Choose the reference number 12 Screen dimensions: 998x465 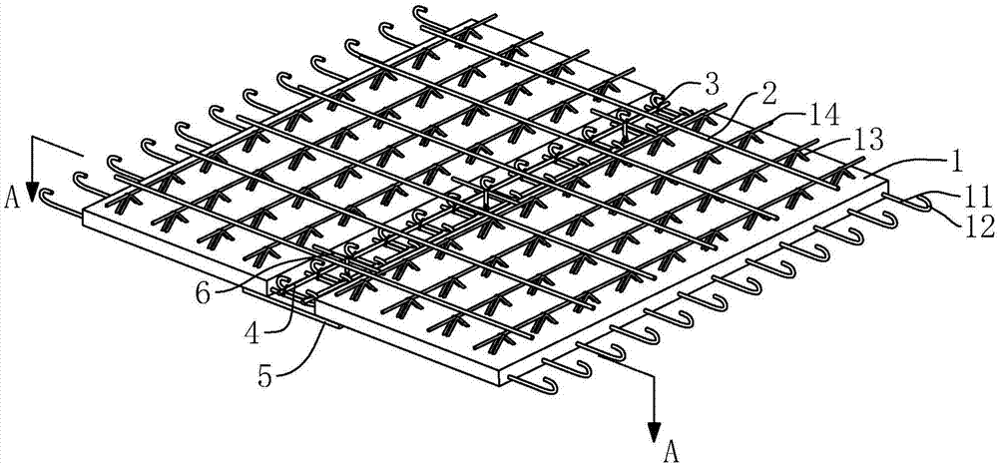click(980, 228)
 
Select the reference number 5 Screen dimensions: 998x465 click(267, 376)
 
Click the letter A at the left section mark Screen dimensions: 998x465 click(11, 199)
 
